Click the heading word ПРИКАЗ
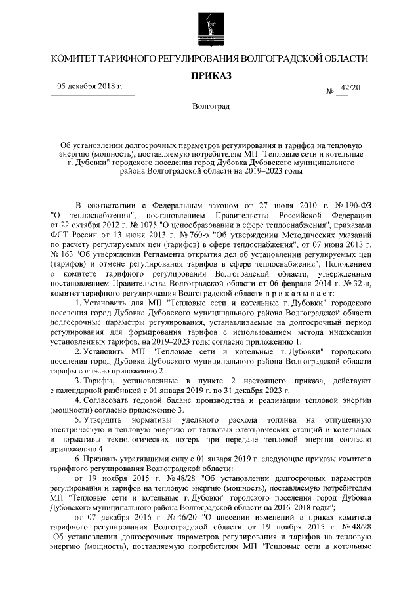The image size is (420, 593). (x=210, y=76)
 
